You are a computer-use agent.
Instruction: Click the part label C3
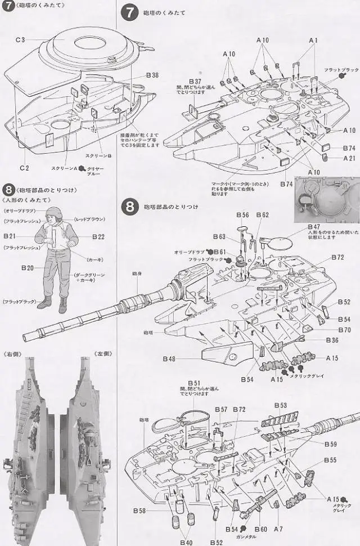(x=20, y=40)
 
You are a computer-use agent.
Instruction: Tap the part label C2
(x=23, y=168)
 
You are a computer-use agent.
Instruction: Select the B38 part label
(x=152, y=75)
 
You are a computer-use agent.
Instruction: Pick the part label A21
(x=350, y=158)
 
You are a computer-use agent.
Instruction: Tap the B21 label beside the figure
(x=11, y=237)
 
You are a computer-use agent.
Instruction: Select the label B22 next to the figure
(x=98, y=237)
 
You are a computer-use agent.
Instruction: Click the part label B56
(x=242, y=215)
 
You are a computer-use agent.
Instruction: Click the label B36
(x=331, y=340)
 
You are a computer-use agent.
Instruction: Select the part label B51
(x=193, y=383)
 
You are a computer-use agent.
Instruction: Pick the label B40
(x=186, y=541)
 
